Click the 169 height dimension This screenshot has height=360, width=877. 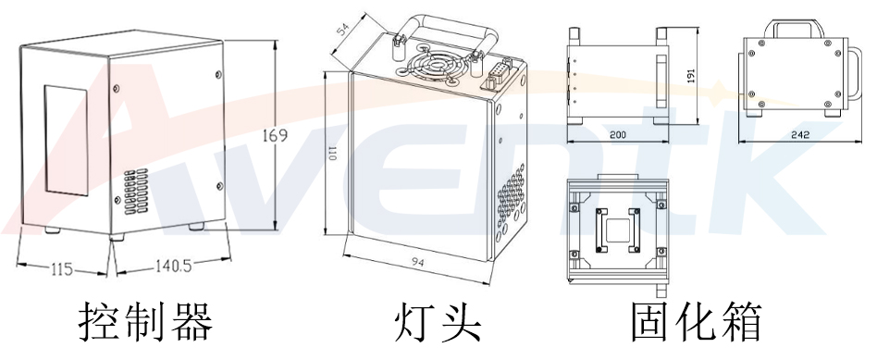275,135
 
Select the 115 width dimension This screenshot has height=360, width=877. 62,269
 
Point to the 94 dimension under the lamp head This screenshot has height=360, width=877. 417,262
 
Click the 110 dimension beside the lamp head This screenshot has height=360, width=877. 330,157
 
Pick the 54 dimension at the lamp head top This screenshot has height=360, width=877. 343,30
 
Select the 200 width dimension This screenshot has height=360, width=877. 617,135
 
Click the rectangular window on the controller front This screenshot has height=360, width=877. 65,139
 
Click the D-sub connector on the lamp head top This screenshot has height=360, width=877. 497,70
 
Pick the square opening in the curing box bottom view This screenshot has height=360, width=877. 617,227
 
